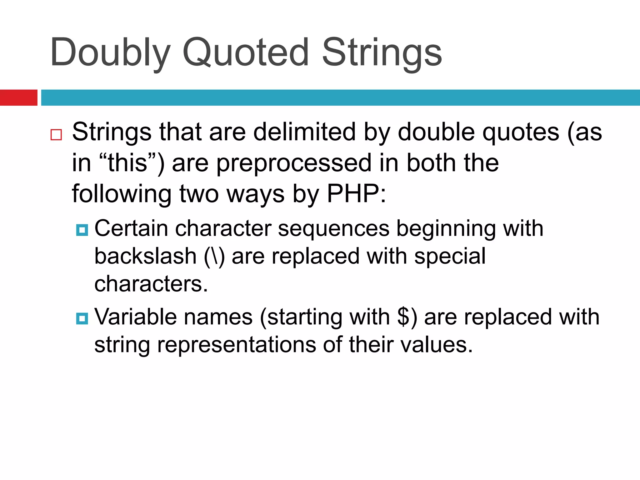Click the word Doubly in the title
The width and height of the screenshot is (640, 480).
tap(110, 52)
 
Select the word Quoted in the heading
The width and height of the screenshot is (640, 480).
tap(246, 52)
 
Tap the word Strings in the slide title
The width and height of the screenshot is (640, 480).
tap(382, 52)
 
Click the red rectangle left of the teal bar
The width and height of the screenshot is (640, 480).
tap(18, 97)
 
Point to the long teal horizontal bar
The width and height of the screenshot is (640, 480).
tap(340, 97)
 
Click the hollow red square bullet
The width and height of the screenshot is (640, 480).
tap(56, 135)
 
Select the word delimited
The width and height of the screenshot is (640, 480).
tap(304, 132)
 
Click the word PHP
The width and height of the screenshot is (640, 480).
tap(353, 194)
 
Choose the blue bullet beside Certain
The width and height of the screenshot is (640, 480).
tap(82, 230)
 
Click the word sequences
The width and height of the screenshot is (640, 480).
tap(333, 229)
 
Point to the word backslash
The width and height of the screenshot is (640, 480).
tap(145, 256)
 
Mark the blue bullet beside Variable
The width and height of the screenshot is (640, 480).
tap(82, 319)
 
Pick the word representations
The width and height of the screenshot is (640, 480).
tap(237, 345)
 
